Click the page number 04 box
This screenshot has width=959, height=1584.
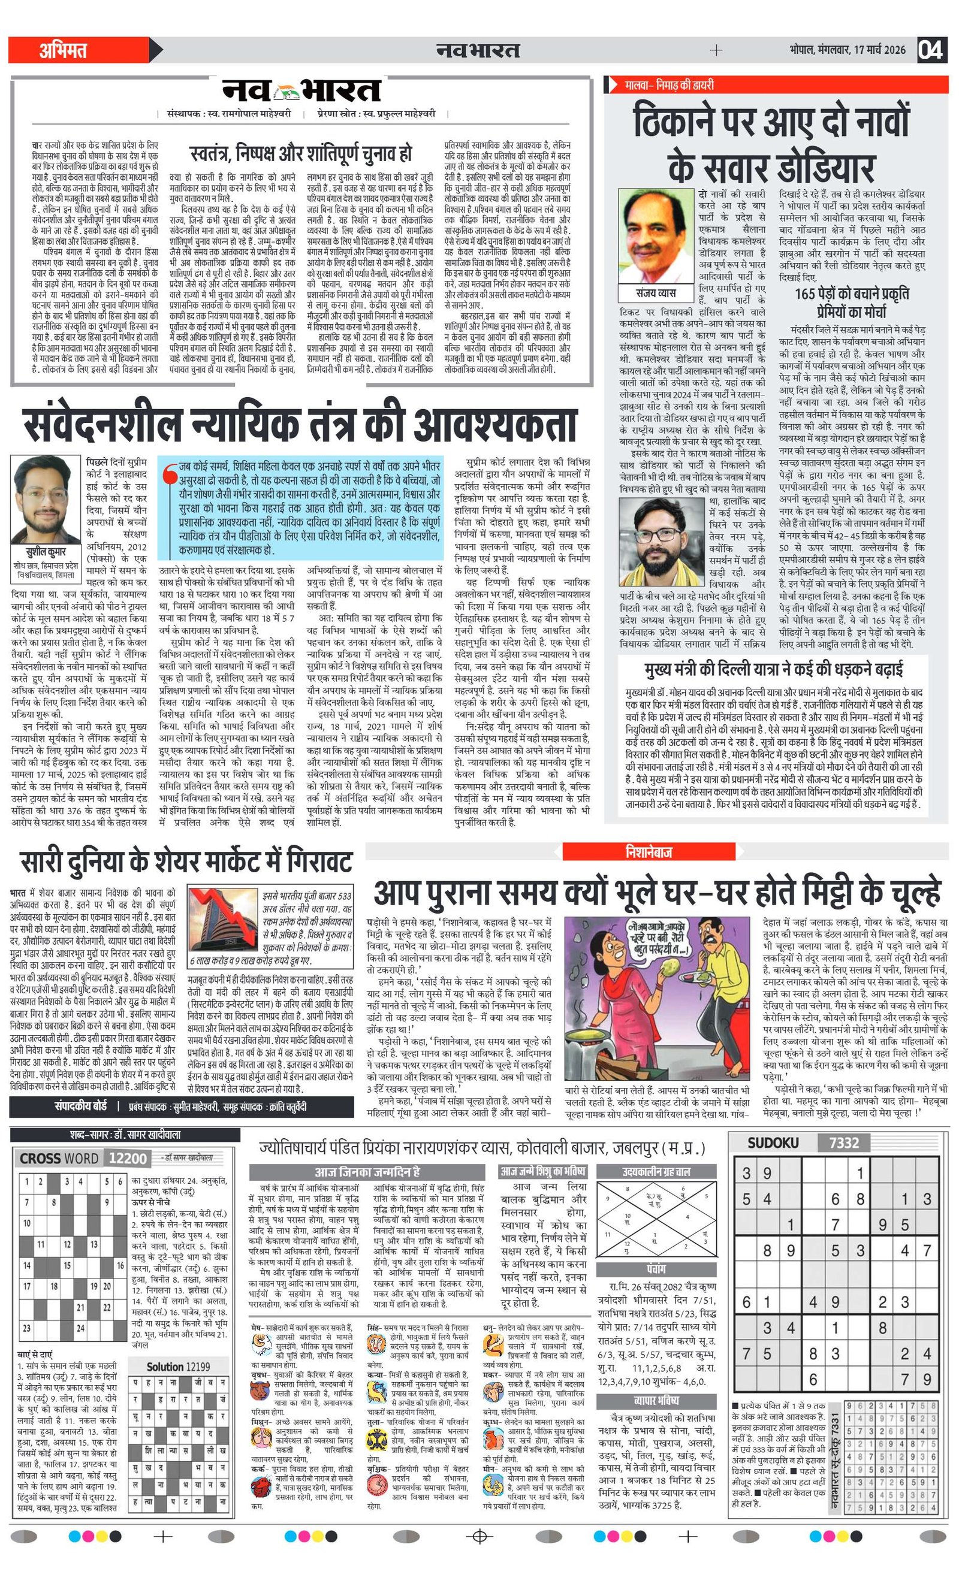tap(931, 50)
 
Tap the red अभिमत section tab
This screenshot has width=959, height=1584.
tap(64, 50)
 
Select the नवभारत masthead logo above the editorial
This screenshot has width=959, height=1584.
tap(301, 90)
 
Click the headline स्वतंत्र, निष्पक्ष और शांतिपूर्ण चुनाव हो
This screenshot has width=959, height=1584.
tap(300, 153)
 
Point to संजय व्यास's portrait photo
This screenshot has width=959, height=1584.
tap(655, 236)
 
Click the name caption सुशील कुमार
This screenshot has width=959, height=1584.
tap(46, 551)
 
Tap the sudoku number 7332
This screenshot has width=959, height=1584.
tap(843, 1142)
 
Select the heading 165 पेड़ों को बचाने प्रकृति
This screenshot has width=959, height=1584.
tap(852, 293)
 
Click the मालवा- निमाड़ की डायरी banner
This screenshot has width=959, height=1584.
tap(669, 85)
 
